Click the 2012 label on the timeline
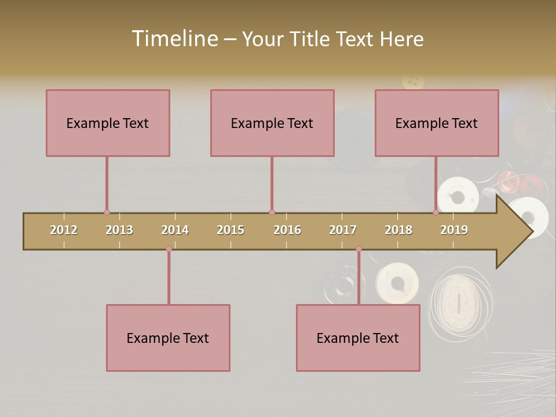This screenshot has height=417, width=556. tap(64, 230)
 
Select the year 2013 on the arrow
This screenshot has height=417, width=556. tap(119, 230)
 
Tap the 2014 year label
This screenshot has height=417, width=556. tap(175, 230)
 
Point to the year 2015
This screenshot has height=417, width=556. tap(231, 230)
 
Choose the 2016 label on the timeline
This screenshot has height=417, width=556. tap(287, 230)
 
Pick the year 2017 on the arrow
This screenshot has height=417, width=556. tap(343, 230)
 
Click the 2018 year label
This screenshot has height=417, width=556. tap(398, 230)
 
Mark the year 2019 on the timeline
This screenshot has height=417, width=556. tap(454, 230)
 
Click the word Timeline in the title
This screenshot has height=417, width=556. tap(174, 39)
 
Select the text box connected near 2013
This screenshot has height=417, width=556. tap(108, 123)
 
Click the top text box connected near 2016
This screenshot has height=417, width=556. tap(272, 123)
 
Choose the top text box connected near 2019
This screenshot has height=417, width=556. tap(437, 123)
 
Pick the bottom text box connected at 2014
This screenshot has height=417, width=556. tap(168, 338)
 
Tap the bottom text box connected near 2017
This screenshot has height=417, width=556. tap(358, 338)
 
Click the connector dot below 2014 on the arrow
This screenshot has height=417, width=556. tap(169, 249)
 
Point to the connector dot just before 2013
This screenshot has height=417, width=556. tap(107, 213)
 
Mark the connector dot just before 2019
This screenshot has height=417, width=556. tap(436, 213)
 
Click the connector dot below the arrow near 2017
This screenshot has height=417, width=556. tap(359, 249)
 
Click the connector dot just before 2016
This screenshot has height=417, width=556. tap(272, 213)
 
